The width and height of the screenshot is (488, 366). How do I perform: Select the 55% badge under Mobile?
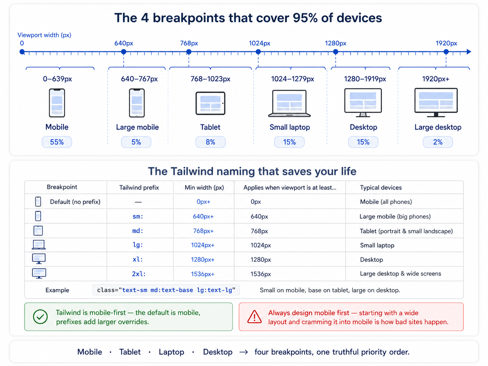pyautogui.click(x=57, y=142)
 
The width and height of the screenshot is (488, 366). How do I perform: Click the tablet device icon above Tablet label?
pyautogui.click(x=210, y=103)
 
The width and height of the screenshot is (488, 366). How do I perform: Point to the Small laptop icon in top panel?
pyautogui.click(x=289, y=103)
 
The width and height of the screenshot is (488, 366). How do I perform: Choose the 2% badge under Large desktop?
pyautogui.click(x=437, y=142)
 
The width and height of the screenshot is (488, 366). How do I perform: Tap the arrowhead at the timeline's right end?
pyautogui.click(x=469, y=52)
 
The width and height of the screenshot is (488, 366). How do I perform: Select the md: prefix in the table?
pyautogui.click(x=138, y=231)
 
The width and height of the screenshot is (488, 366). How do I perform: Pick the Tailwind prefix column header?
pyautogui.click(x=139, y=188)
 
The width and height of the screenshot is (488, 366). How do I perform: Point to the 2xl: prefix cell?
pyautogui.click(x=139, y=274)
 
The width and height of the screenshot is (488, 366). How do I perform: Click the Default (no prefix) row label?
pyautogui.click(x=75, y=202)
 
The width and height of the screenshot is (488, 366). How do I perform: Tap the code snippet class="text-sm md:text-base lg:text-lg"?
pyautogui.click(x=166, y=290)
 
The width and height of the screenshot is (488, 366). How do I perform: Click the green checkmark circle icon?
pyautogui.click(x=40, y=317)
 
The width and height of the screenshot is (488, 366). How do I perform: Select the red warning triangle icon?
pyautogui.click(x=254, y=317)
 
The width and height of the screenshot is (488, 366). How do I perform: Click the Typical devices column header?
pyautogui.click(x=381, y=188)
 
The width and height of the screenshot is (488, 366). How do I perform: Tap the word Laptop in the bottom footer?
pyautogui.click(x=172, y=352)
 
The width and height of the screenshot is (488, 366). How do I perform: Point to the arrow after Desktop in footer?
pyautogui.click(x=243, y=352)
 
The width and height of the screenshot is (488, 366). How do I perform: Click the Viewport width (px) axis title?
pyautogui.click(x=44, y=35)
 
